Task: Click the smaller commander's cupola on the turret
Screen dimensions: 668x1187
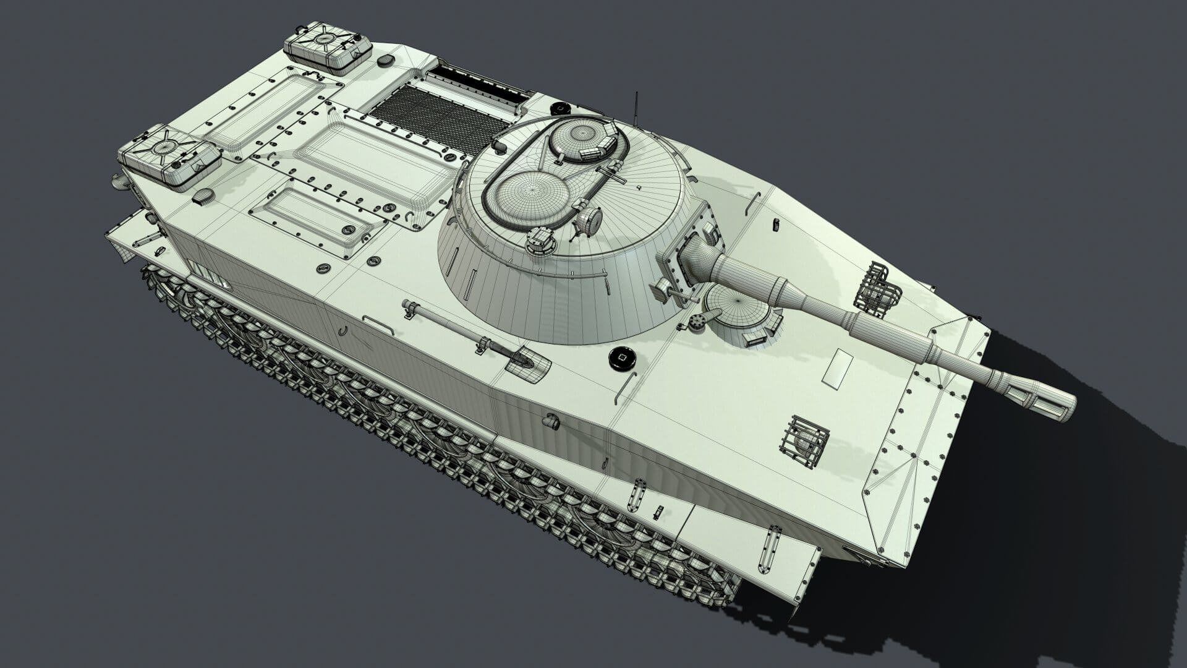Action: click(582, 140)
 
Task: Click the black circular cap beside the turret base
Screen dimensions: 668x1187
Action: click(623, 359)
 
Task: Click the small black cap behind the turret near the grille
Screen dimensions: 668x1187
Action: click(559, 107)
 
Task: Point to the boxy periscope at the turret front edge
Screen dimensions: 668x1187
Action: click(541, 241)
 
